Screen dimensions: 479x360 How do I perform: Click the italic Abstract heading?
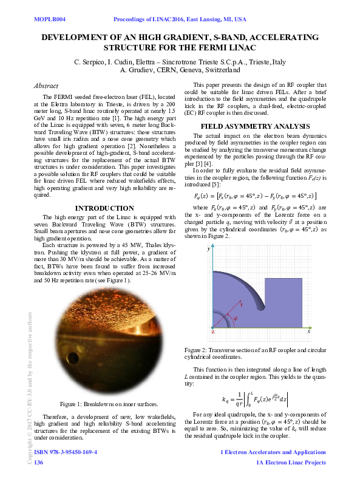tap(46, 87)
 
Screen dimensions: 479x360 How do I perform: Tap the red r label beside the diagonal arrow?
tap(241, 305)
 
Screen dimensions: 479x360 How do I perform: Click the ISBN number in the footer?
tap(66, 452)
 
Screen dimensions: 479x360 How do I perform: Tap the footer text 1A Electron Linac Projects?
tap(291, 462)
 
